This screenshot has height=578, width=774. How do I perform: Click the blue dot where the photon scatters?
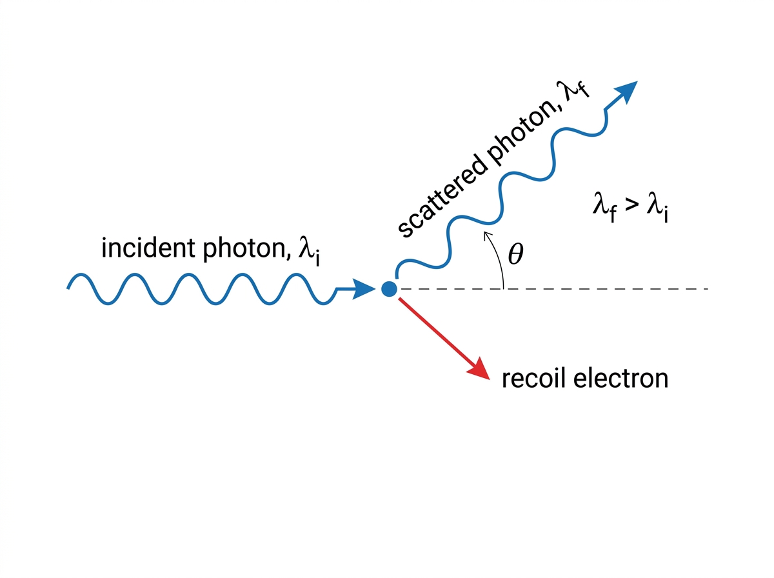389,289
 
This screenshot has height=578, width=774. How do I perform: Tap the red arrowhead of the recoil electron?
480,370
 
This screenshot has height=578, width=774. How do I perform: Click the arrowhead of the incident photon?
364,289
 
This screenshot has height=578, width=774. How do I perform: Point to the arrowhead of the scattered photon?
626,92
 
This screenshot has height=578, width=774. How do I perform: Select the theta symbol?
515,254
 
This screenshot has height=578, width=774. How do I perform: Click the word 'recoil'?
533,379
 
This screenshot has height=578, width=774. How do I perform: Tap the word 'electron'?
620,379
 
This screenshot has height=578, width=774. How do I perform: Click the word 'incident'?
148,248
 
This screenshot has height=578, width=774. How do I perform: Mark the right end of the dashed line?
708,289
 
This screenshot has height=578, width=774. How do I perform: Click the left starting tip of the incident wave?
68,288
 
